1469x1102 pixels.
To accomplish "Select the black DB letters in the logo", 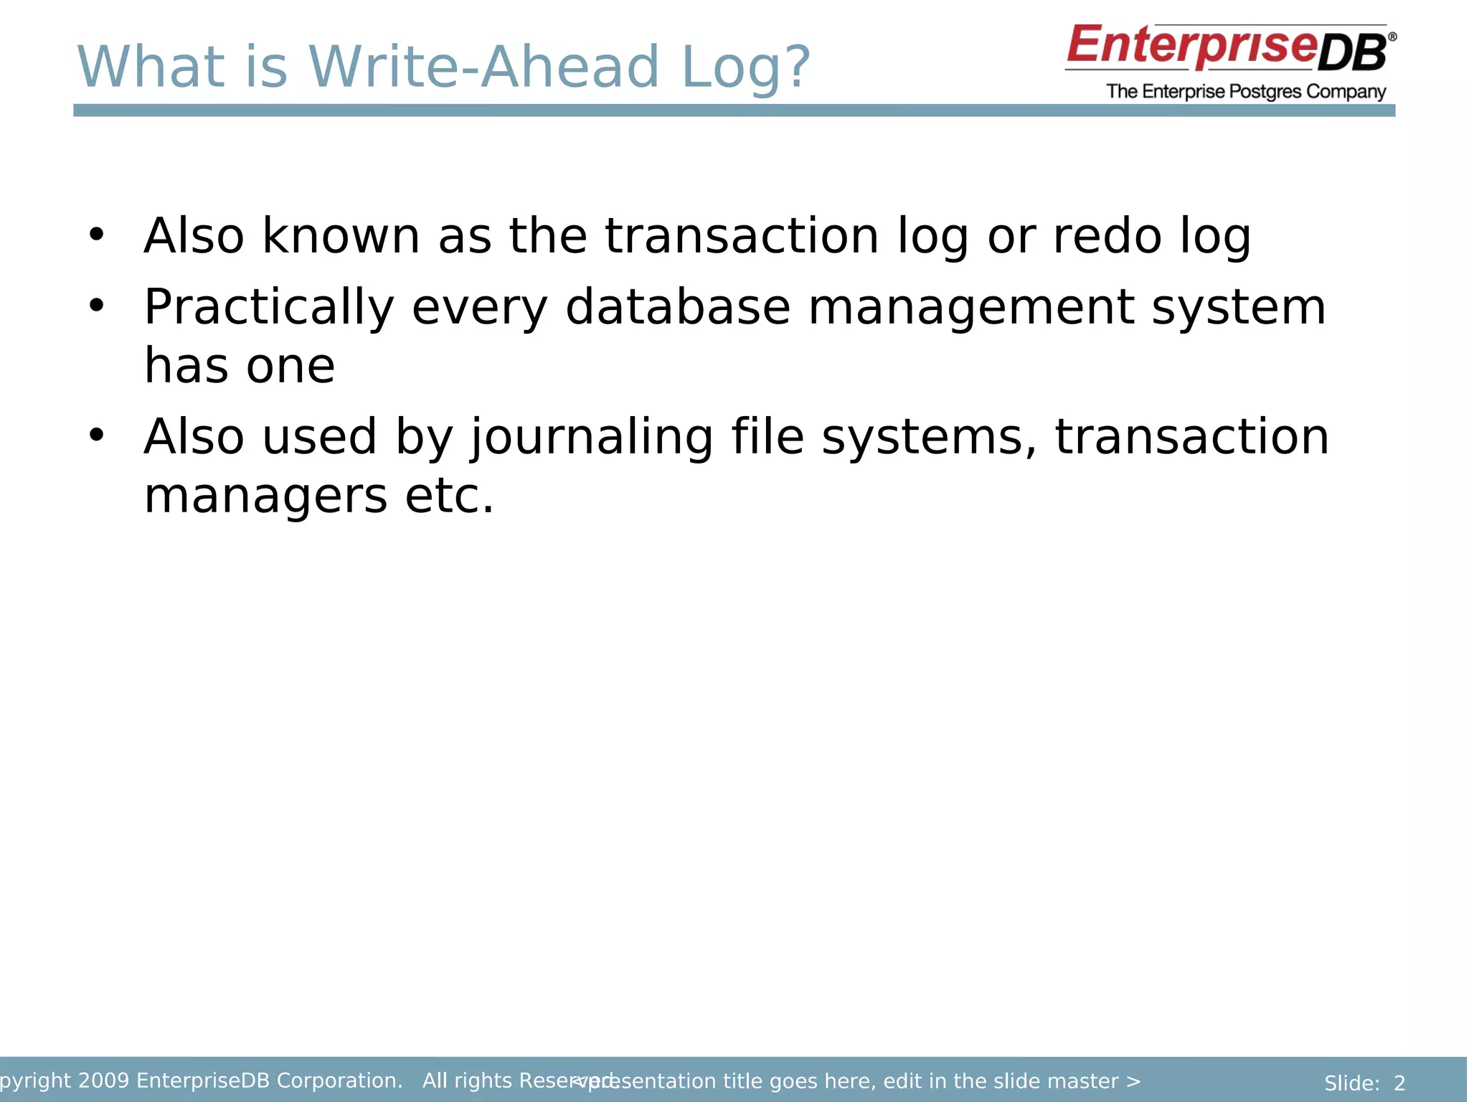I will pos(1352,54).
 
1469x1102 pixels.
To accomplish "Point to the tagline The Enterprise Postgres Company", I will pos(1246,92).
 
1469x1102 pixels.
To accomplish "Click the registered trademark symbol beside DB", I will pos(1392,36).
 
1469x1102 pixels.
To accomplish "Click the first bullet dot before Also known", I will pos(97,234).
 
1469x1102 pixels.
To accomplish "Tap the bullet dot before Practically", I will pos(97,306).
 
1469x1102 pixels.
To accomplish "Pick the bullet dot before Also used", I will pos(97,435).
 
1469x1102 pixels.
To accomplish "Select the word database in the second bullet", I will pos(678,307).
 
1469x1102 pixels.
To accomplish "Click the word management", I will pos(971,307).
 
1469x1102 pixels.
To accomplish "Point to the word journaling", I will pos(592,438).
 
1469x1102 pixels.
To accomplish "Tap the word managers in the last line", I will pos(265,496).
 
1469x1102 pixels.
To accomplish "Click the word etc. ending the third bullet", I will pos(450,496).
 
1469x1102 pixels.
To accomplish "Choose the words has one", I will pos(240,366).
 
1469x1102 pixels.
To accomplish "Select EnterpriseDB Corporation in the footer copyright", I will pos(269,1080).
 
